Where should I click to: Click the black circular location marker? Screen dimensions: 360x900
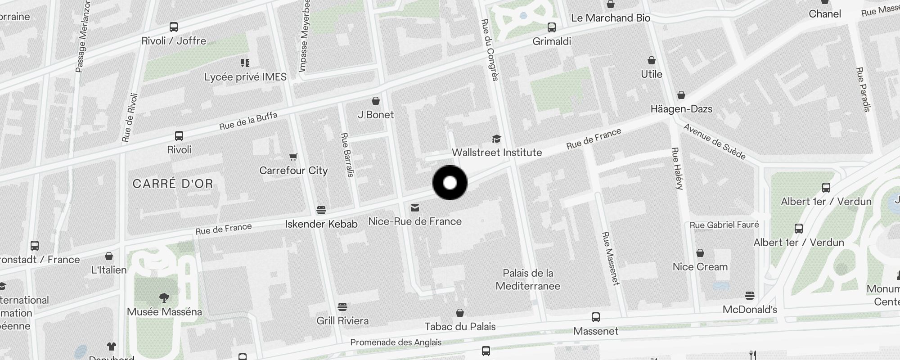(450, 183)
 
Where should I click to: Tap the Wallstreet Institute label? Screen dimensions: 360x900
(496, 153)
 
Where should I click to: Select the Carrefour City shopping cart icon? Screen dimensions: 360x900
(293, 157)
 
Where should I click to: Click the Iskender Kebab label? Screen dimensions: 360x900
(321, 224)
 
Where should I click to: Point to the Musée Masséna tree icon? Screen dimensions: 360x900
(164, 297)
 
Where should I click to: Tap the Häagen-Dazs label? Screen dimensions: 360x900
(681, 109)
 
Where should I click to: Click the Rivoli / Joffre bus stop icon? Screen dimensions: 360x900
(174, 27)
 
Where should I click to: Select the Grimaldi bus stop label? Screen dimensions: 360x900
(551, 41)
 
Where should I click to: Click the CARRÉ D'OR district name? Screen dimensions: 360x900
(173, 184)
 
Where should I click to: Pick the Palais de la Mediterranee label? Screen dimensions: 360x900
(528, 279)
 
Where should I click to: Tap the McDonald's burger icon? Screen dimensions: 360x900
(749, 296)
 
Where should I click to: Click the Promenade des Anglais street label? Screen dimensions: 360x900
(396, 342)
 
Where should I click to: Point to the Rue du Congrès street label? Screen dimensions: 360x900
(490, 49)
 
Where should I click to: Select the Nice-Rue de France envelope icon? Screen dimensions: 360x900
(415, 208)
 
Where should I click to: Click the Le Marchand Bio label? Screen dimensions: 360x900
(610, 18)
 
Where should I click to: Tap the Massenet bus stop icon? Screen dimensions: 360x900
(596, 317)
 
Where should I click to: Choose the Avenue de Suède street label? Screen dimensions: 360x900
(714, 141)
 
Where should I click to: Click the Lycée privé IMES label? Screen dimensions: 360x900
(245, 77)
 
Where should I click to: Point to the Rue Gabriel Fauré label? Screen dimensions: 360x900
(724, 225)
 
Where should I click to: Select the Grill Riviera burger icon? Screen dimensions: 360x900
(342, 307)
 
